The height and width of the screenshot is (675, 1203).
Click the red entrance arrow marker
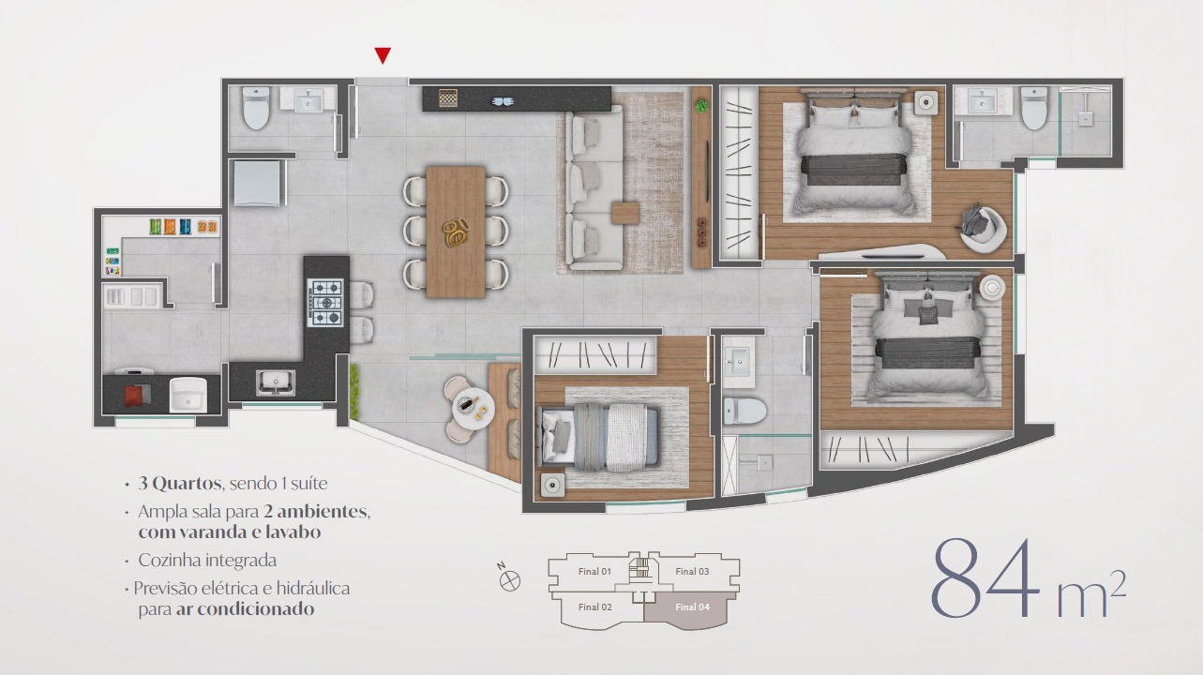pyautogui.click(x=382, y=56)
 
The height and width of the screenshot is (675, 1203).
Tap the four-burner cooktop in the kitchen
pyautogui.click(x=327, y=303)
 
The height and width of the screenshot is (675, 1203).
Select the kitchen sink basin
pyautogui.click(x=275, y=381)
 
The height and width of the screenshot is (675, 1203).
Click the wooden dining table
pyautogui.click(x=456, y=232)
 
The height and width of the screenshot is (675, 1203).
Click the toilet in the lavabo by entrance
pyautogui.click(x=255, y=111)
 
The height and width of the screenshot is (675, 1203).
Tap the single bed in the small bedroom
pyautogui.click(x=601, y=436)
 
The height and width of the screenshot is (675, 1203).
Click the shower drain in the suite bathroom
pyautogui.click(x=1086, y=119)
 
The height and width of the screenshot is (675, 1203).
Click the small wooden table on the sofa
pyautogui.click(x=625, y=213)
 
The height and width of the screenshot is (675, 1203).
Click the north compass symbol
pyautogui.click(x=510, y=580)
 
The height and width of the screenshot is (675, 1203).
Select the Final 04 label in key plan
pyautogui.click(x=692, y=607)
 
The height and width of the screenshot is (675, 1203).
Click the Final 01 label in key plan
pyautogui.click(x=594, y=571)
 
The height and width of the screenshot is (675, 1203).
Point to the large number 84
pyautogui.click(x=986, y=578)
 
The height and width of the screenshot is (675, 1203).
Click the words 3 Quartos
pyautogui.click(x=178, y=484)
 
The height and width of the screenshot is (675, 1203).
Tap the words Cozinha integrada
pyautogui.click(x=206, y=561)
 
